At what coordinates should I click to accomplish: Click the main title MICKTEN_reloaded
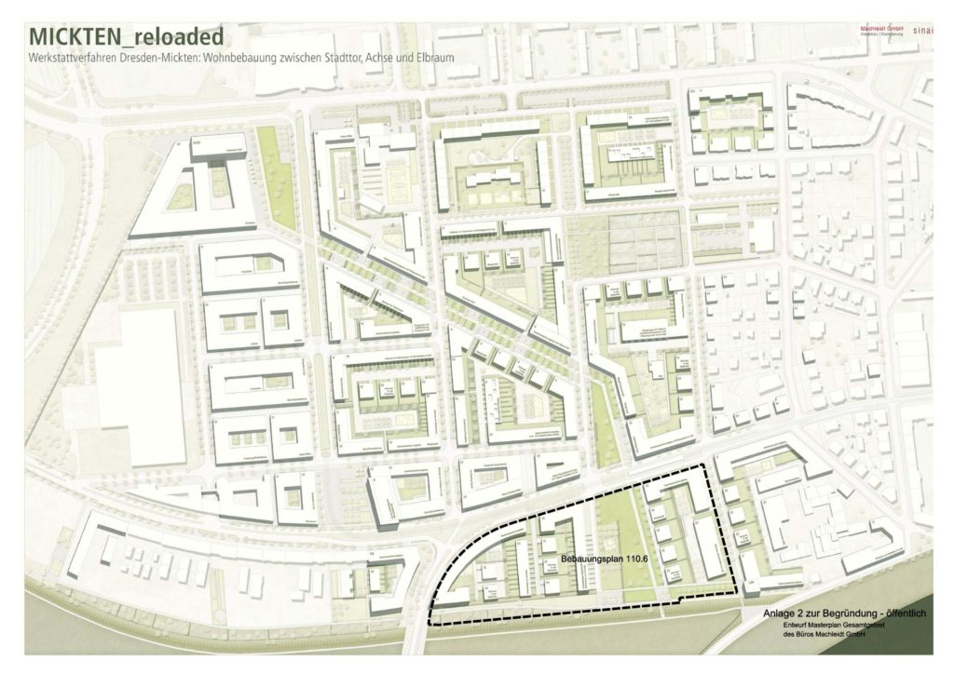[127, 37]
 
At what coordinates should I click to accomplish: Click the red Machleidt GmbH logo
[881, 30]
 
